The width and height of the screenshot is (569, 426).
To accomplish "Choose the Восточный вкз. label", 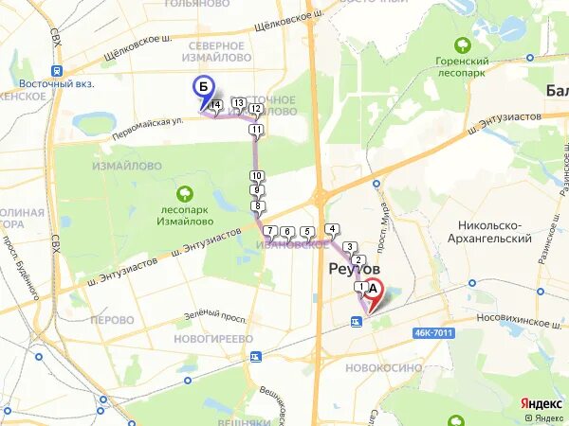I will coord(46,82).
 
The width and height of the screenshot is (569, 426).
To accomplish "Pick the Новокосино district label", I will coord(375,365).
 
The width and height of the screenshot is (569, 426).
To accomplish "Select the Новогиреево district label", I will coord(214,338).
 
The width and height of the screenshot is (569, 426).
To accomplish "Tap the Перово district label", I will coord(112,320).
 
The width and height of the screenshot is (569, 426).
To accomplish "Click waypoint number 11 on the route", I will coord(256,129).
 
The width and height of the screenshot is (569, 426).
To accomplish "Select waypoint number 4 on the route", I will coord(332,229).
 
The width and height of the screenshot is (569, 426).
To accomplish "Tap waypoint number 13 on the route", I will coord(238,103).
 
